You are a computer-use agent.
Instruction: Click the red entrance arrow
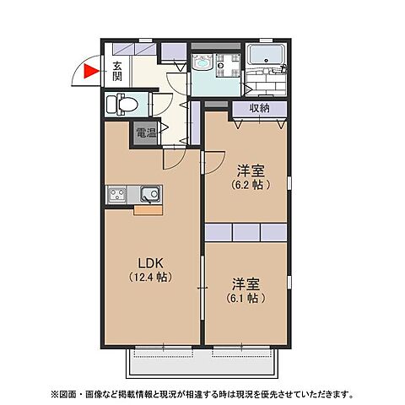(91, 73)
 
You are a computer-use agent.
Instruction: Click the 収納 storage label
(259, 108)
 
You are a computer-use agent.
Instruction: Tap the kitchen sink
(146, 196)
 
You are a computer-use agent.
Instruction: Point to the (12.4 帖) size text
(151, 277)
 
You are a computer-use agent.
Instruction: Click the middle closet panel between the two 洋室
(246, 230)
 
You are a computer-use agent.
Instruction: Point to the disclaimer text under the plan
(202, 394)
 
